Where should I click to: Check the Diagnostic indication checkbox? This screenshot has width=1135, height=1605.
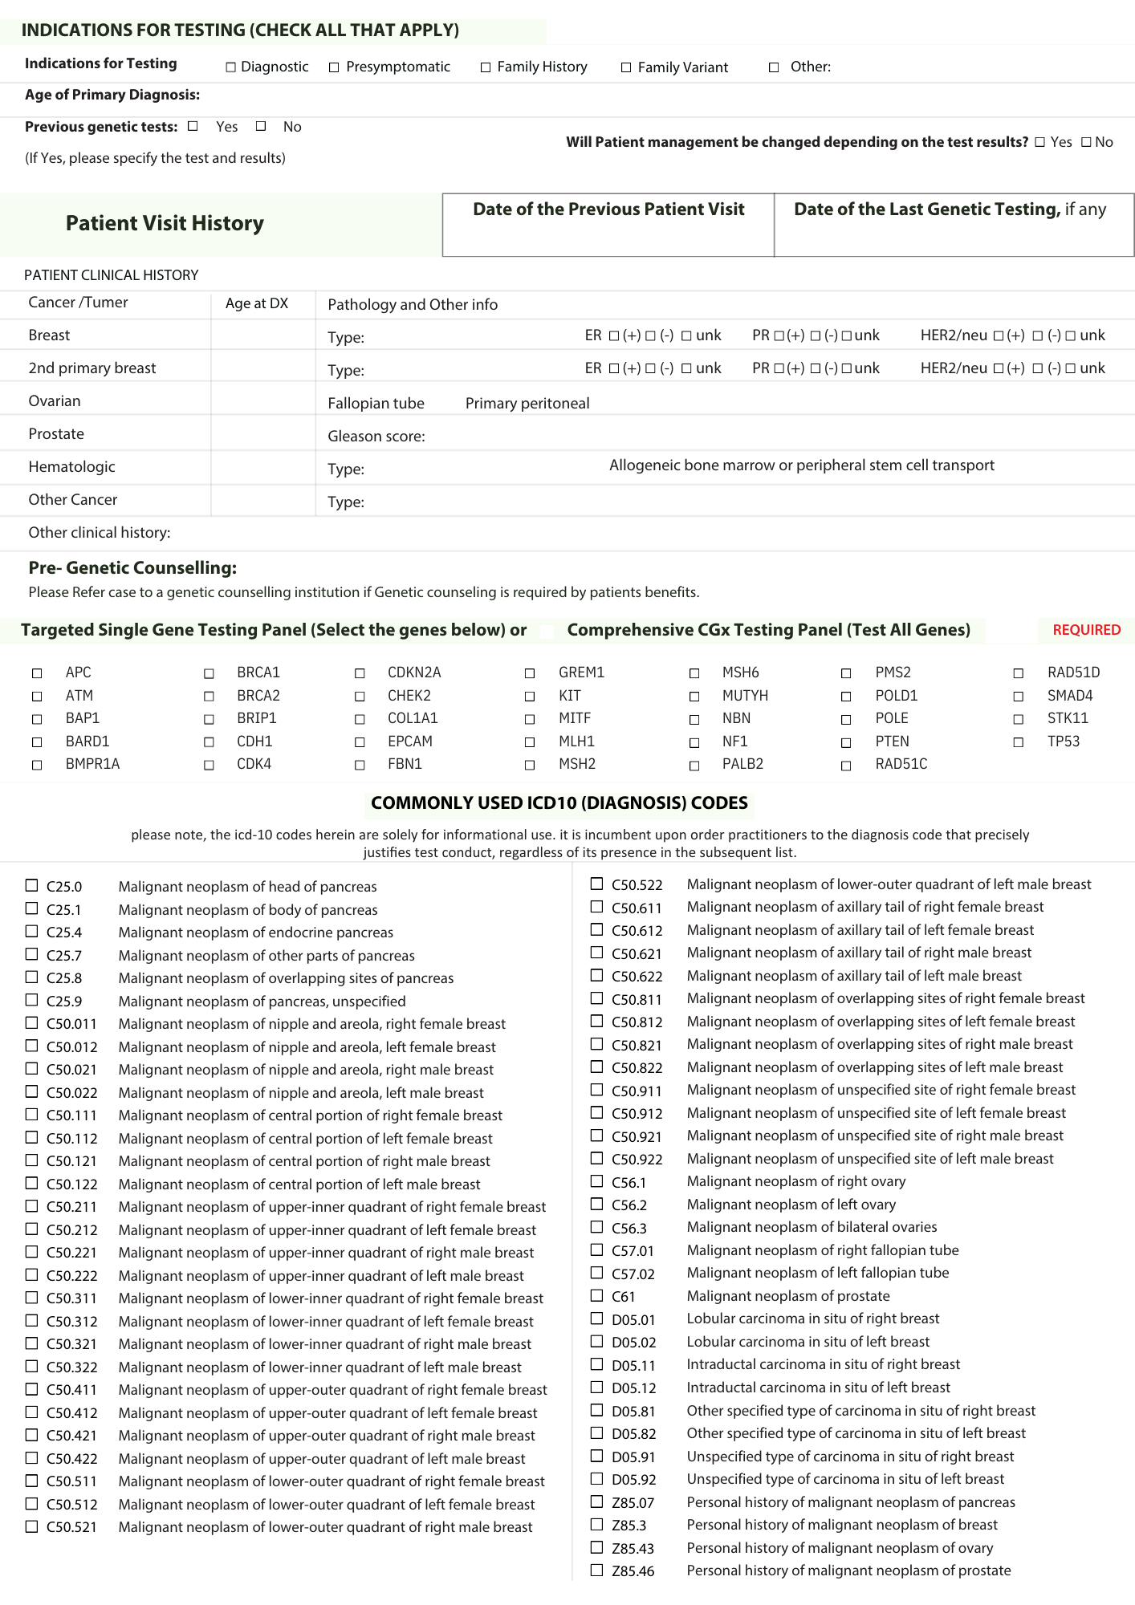pyautogui.click(x=231, y=67)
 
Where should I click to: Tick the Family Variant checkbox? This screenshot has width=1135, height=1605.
pyautogui.click(x=626, y=67)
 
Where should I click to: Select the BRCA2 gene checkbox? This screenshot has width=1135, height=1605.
pyautogui.click(x=209, y=697)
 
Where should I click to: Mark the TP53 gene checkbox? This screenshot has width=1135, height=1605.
pyautogui.click(x=1018, y=742)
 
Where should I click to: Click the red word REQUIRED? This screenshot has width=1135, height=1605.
pyautogui.click(x=1086, y=630)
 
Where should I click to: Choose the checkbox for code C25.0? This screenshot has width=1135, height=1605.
pyautogui.click(x=32, y=885)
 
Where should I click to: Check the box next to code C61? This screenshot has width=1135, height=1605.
pyautogui.click(x=596, y=1295)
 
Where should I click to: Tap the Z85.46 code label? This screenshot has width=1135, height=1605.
pyautogui.click(x=633, y=1571)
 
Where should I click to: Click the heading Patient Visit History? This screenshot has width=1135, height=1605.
pyautogui.click(x=165, y=223)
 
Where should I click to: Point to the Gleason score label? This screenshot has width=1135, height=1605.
pyautogui.click(x=376, y=437)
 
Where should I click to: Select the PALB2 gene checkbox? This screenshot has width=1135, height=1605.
pyautogui.click(x=694, y=766)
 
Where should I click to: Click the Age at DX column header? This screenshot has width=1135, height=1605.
pyautogui.click(x=256, y=303)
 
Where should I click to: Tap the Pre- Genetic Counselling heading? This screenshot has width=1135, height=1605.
pyautogui.click(x=132, y=568)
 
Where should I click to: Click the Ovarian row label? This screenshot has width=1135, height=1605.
pyautogui.click(x=55, y=401)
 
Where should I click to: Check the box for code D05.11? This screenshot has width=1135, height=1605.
pyautogui.click(x=596, y=1363)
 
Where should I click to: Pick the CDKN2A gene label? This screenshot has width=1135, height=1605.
pyautogui.click(x=414, y=672)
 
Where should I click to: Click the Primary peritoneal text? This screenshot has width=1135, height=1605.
pyautogui.click(x=527, y=404)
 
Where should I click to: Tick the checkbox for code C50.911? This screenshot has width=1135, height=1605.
pyautogui.click(x=596, y=1089)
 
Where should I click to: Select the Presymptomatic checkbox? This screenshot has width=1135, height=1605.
pyautogui.click(x=334, y=67)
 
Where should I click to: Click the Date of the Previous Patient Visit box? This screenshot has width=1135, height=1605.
pyautogui.click(x=608, y=226)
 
